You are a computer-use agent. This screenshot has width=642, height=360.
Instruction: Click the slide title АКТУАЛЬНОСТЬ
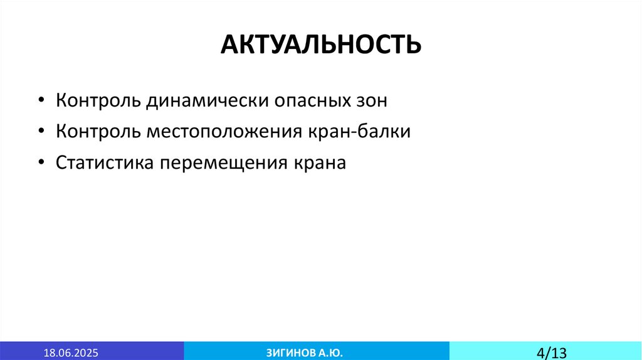[x=320, y=44]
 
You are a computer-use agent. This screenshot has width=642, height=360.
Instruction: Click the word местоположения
[x=224, y=132]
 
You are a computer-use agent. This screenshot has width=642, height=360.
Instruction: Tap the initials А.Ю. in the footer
[x=330, y=351]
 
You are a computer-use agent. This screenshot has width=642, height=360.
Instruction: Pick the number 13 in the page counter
[x=557, y=351]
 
